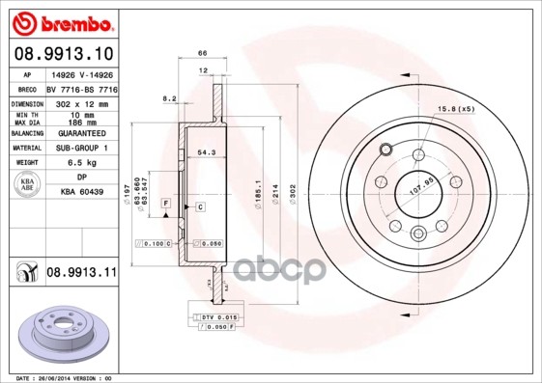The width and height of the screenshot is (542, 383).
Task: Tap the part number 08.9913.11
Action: point(81,273)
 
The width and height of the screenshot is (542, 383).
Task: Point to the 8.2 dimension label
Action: point(170,97)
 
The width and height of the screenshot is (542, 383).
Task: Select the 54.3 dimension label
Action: point(207,153)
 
